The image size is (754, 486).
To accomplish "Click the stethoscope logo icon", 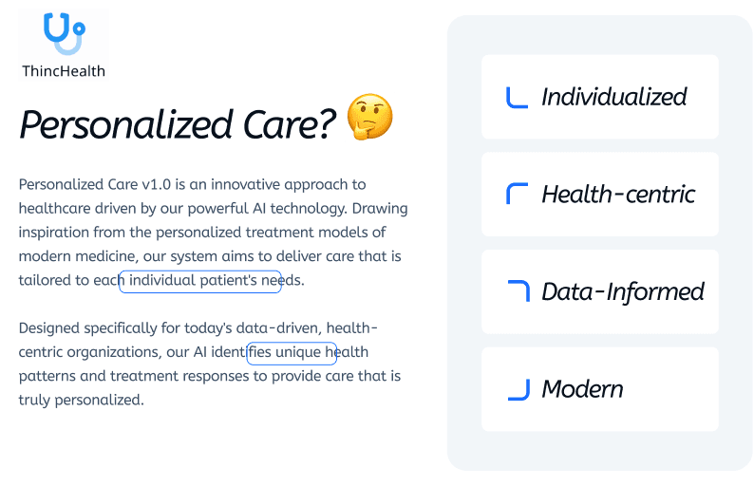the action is [64, 33].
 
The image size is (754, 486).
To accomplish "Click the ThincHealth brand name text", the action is [64, 71].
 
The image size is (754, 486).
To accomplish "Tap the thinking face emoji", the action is [369, 117].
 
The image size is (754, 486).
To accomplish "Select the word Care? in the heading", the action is [290, 124].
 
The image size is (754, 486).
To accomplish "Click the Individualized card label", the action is [614, 97].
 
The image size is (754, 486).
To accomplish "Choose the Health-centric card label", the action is [618, 195].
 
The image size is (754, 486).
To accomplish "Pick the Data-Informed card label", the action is [623, 291].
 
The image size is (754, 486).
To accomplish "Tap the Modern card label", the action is [582, 389].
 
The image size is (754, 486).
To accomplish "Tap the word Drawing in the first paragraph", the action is [380, 209].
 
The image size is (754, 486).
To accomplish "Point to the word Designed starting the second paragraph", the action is [49, 328].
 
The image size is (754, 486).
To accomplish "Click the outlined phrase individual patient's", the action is [194, 280].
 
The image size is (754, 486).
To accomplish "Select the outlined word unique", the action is [298, 352].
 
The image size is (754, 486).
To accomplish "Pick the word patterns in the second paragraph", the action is [47, 377].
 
